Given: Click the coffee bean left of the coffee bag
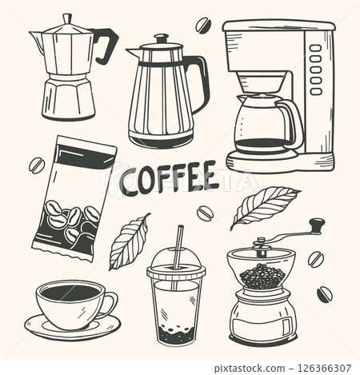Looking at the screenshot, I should tap(37, 166).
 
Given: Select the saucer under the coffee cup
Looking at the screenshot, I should tap(72, 325).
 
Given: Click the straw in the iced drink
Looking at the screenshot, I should tap(179, 244).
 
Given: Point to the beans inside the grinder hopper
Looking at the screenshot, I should tap(261, 276).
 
